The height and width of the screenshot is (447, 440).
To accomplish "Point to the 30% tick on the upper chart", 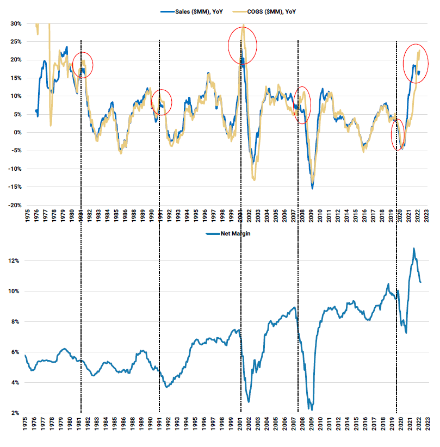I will pos(15,23).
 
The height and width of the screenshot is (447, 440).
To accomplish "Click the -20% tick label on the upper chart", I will pos(14,206).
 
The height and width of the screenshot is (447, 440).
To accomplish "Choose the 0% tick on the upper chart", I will pos(17,133).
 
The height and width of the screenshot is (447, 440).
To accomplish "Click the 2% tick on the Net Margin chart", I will pos(16,413).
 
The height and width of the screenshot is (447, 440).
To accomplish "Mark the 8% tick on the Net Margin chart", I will pos(16,322).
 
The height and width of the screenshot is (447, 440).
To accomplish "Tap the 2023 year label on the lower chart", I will pos(428,425).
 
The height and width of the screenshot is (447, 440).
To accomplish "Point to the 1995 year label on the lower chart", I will pos(195,425).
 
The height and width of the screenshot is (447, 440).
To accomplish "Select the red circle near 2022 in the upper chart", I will pos(415,63).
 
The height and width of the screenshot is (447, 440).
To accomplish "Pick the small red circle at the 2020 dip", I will pos(398,134).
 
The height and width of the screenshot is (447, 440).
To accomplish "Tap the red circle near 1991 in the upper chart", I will pos(160,102).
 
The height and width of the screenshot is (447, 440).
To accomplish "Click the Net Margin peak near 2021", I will pos(414,249).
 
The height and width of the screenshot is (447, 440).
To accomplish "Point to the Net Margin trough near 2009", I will pos(310,409).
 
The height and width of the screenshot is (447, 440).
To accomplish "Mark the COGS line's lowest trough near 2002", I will pos(254,179).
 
